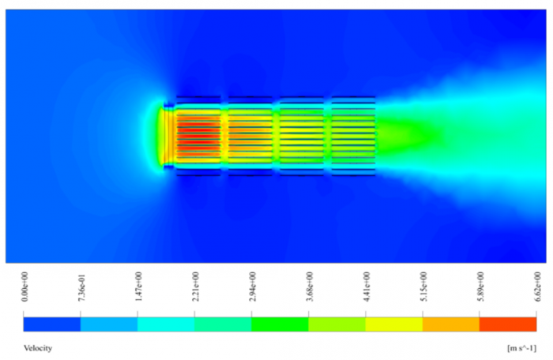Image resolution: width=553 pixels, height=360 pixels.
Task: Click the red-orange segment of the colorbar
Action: [x=508, y=324]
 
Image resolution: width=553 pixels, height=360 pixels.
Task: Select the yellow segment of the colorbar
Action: [x=394, y=324]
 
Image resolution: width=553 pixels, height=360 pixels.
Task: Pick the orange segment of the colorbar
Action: [x=451, y=324]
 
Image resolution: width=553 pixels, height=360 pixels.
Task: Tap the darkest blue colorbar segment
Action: [x=52, y=324]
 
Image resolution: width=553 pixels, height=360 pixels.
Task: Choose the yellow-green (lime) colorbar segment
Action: [x=337, y=324]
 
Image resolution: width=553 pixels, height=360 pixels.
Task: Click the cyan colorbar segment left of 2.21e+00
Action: [x=166, y=324]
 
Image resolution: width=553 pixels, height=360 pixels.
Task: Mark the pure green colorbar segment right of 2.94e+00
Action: [x=280, y=324]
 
